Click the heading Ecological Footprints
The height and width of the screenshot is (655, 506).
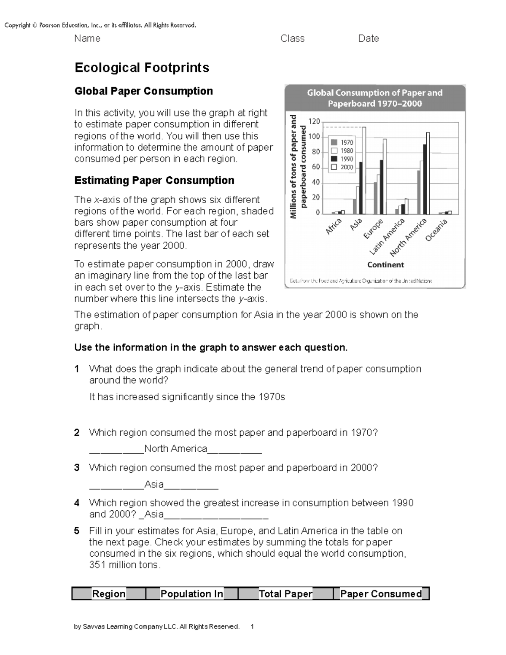tap(142, 68)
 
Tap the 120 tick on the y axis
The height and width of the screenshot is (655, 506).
tap(314, 121)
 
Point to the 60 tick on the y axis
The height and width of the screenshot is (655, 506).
tap(316, 167)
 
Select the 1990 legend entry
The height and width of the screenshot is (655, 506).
tap(342, 159)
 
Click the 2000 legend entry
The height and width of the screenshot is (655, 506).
tap(342, 167)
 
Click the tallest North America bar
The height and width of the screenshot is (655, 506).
tap(428, 173)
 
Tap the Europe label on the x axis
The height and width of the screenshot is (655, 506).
tap(373, 229)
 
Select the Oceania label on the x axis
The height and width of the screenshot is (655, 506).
tap(436, 231)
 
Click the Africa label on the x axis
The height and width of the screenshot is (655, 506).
tap(333, 227)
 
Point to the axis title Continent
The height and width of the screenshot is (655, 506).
tap(385, 265)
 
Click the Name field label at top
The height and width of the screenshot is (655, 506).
tap(87, 38)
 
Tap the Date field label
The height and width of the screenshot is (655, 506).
tap(369, 38)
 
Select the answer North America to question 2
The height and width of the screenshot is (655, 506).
tap(175, 449)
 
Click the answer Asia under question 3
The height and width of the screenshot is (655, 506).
tap(154, 484)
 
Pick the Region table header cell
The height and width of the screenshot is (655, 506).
tap(109, 594)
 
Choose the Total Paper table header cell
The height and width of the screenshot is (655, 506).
tap(285, 594)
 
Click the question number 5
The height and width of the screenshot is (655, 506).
tap(77, 531)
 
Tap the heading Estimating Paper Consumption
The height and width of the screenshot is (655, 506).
tap(154, 181)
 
